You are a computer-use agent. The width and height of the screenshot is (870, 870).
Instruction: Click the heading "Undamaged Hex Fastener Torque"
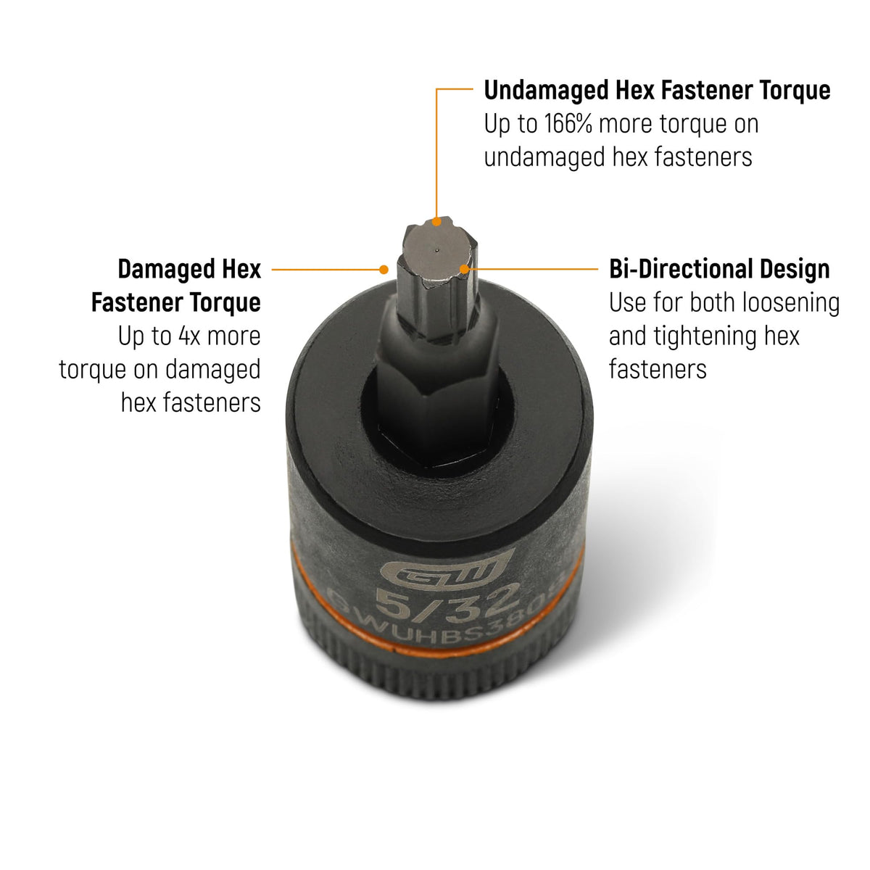click(x=657, y=91)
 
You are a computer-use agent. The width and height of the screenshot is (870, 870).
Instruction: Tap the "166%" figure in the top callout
click(x=568, y=124)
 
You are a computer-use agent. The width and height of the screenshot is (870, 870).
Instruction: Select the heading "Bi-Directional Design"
click(x=719, y=269)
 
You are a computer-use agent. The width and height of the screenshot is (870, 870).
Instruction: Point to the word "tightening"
click(x=726, y=336)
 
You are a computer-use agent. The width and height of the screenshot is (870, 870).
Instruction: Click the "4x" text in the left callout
click(x=189, y=336)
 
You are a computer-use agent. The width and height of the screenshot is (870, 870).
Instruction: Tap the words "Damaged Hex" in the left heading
click(x=190, y=270)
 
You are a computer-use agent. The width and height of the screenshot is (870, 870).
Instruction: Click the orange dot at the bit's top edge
click(x=436, y=222)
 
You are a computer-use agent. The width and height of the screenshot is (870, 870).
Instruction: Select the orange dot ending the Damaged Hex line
click(x=384, y=270)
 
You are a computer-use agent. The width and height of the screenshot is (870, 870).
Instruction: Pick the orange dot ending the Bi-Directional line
click(x=464, y=269)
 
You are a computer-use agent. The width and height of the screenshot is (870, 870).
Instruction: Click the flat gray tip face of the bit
click(x=436, y=252)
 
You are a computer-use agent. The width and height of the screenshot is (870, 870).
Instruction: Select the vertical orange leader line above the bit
click(x=436, y=154)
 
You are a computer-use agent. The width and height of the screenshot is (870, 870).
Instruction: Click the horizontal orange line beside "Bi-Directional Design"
click(x=533, y=269)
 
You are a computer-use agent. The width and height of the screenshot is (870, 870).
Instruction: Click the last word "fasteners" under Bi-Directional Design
click(x=658, y=369)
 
